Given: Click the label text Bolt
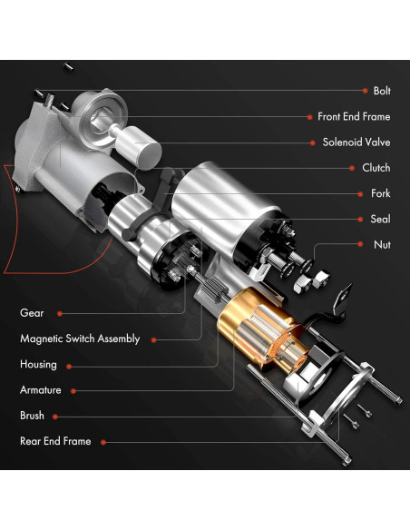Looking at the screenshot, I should click(x=382, y=91).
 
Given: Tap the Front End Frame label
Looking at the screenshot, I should click(x=354, y=116).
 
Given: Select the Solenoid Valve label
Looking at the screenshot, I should click(x=356, y=142).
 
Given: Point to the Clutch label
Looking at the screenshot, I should click(x=376, y=168).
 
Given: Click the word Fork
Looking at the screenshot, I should click(x=381, y=193).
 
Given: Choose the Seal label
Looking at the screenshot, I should click(x=381, y=219).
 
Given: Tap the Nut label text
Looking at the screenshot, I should click(x=383, y=244).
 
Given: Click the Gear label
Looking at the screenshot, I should click(x=32, y=313).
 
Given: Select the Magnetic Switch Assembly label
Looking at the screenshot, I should click(x=80, y=339).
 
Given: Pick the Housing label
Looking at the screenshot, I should click(x=38, y=364).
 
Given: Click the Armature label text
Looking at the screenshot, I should click(x=40, y=390).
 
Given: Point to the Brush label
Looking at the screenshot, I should click(x=32, y=416).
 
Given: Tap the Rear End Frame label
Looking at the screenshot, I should click(x=55, y=441).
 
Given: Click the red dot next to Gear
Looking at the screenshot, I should click(x=60, y=313).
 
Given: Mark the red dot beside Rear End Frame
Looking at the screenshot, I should click(x=102, y=442).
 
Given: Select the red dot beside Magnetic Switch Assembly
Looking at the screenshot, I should click(x=153, y=339).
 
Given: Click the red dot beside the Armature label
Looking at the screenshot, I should click(x=72, y=390).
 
